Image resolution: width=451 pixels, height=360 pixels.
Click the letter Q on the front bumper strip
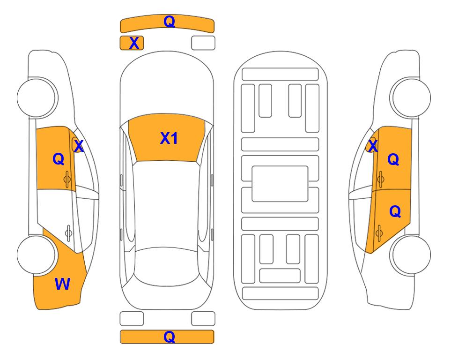tap(169, 22)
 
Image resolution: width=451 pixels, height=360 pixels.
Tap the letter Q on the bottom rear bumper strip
tap(169, 337)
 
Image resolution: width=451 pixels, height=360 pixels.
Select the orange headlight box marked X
tap(132, 43)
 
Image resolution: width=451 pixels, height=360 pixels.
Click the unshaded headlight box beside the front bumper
tap(203, 43)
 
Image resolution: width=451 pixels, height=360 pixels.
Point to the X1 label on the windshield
tap(169, 138)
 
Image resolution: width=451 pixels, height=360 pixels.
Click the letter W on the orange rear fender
tap(62, 284)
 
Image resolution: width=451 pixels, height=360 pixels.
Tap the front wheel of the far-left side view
tap(37, 97)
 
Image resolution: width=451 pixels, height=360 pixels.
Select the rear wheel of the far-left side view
tap(36, 255)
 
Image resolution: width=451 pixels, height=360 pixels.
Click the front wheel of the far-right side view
tap(411, 97)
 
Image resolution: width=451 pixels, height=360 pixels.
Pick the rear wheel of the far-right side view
tap(411, 255)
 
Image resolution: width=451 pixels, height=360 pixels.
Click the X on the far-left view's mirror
tap(79, 146)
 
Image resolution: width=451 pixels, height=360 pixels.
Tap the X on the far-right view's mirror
tap(373, 146)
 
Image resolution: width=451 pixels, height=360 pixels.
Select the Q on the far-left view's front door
tap(59, 159)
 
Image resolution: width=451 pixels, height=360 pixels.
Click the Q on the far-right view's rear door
tap(395, 212)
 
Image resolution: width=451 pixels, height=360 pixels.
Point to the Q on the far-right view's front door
tap(393, 159)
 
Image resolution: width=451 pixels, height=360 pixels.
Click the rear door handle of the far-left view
tap(68, 233)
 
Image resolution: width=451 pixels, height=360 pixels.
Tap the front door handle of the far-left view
tap(67, 180)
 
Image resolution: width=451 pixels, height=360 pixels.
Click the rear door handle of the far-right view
tap(379, 233)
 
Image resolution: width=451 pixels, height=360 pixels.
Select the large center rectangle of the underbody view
tap(280, 184)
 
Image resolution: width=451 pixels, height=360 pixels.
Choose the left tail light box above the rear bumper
tap(132, 319)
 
